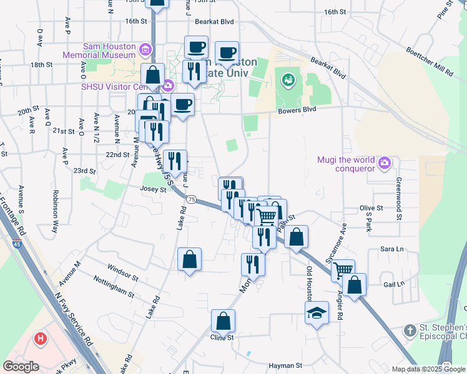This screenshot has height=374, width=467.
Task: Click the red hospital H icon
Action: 41,339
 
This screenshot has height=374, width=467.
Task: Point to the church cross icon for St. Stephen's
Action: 410,330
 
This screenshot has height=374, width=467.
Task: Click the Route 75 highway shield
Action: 191,199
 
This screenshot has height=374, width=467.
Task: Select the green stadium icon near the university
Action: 288,79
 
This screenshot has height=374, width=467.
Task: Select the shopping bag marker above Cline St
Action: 223,321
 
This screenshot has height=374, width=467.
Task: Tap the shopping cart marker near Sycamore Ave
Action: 343,270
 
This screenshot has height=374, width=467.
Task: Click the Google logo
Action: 21,367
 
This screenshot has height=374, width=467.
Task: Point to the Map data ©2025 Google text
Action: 428,369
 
